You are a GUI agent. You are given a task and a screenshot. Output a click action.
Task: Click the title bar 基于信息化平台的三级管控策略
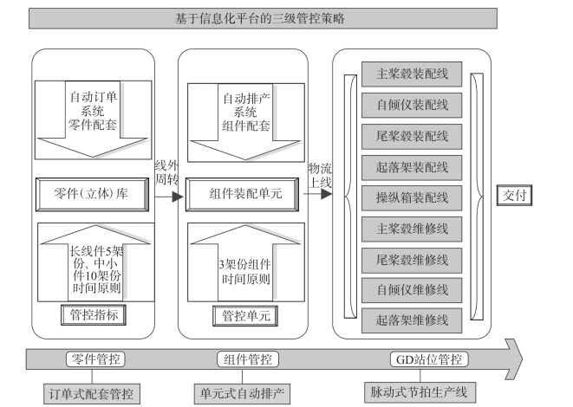[x=263, y=18]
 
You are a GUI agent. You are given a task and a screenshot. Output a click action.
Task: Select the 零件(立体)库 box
[x=92, y=194]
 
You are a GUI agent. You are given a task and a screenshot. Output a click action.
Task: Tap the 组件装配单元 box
[x=242, y=194]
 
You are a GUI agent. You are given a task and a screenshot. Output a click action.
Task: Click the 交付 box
[x=514, y=196]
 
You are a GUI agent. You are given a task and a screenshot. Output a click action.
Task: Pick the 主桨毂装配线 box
[x=412, y=74]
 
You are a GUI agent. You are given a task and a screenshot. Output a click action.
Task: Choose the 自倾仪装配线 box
[x=412, y=105]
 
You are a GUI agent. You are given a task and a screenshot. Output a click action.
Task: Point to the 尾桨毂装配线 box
[x=412, y=137]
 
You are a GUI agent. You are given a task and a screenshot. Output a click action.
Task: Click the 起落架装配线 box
[x=412, y=167]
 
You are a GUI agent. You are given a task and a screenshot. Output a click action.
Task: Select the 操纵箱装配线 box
[x=412, y=197]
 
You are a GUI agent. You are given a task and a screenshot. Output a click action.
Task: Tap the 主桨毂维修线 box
[x=412, y=229]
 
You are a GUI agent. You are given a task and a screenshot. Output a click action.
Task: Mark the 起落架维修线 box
[x=412, y=320]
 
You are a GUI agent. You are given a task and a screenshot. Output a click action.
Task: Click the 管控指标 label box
[x=94, y=315]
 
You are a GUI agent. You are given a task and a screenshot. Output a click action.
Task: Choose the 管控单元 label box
[x=245, y=316]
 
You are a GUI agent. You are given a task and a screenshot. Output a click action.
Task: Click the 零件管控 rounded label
[x=95, y=359]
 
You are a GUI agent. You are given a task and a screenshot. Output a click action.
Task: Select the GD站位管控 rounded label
[x=429, y=359]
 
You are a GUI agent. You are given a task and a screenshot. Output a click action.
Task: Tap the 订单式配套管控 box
[x=92, y=393]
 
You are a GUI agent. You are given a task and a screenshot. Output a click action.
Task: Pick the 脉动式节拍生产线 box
[x=420, y=392]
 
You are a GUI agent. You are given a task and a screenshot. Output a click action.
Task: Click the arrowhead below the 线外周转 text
[x=178, y=197]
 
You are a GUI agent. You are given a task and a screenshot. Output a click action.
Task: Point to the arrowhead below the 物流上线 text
[x=326, y=194]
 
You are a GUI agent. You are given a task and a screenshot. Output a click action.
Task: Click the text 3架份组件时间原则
[x=245, y=272]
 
